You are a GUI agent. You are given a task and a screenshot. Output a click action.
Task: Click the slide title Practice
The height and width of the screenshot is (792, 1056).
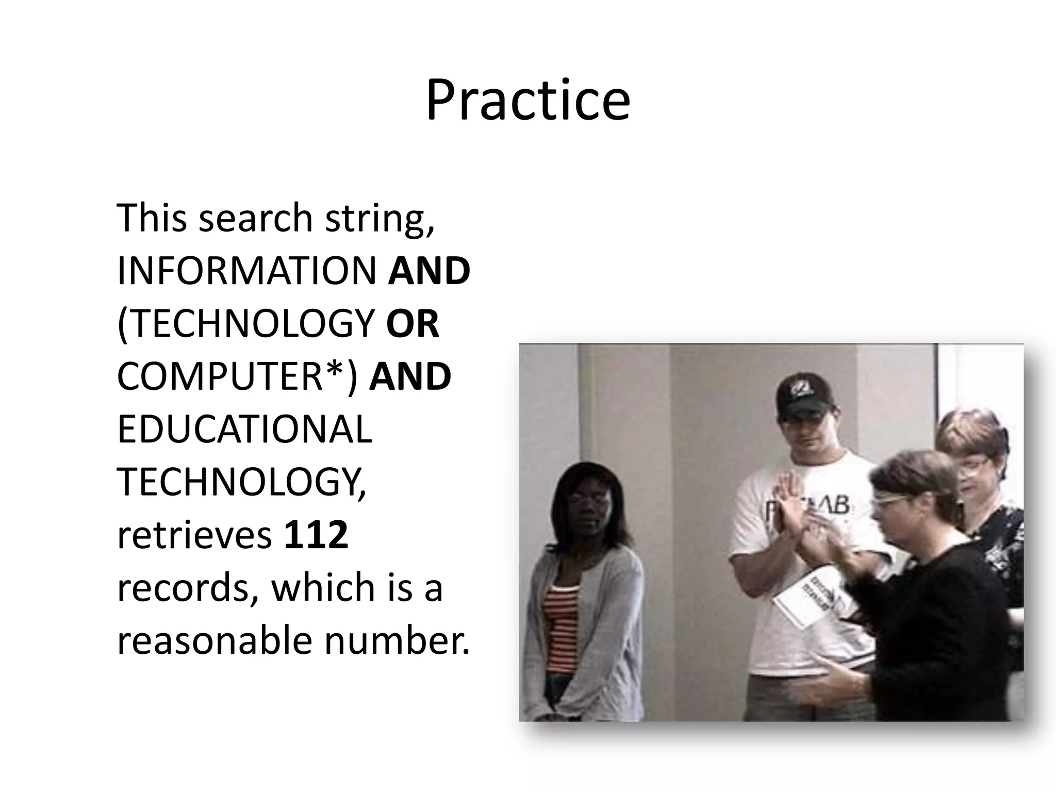tap(527, 100)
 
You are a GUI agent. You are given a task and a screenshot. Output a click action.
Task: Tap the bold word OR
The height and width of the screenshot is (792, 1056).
tap(412, 324)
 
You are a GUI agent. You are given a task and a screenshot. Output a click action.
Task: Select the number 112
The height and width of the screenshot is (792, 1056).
tap(316, 535)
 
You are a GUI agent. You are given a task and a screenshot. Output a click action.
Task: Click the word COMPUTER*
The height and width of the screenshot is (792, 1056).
tap(237, 376)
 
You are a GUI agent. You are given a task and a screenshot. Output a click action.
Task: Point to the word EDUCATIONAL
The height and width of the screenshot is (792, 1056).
tap(244, 430)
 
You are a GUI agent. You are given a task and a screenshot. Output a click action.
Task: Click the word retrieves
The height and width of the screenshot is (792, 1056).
tap(194, 536)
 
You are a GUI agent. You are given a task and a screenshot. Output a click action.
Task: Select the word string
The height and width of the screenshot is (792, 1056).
tap(380, 219)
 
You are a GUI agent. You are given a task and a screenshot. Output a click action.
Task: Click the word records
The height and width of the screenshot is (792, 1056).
tap(188, 588)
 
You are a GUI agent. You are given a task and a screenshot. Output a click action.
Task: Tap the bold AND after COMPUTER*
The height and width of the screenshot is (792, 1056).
tap(410, 376)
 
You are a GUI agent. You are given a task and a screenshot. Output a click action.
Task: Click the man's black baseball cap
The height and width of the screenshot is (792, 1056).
tap(801, 394)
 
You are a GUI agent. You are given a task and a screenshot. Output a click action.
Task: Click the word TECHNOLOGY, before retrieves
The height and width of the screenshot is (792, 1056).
tap(241, 482)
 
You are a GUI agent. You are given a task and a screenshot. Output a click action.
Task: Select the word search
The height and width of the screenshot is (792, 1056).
tap(256, 219)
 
